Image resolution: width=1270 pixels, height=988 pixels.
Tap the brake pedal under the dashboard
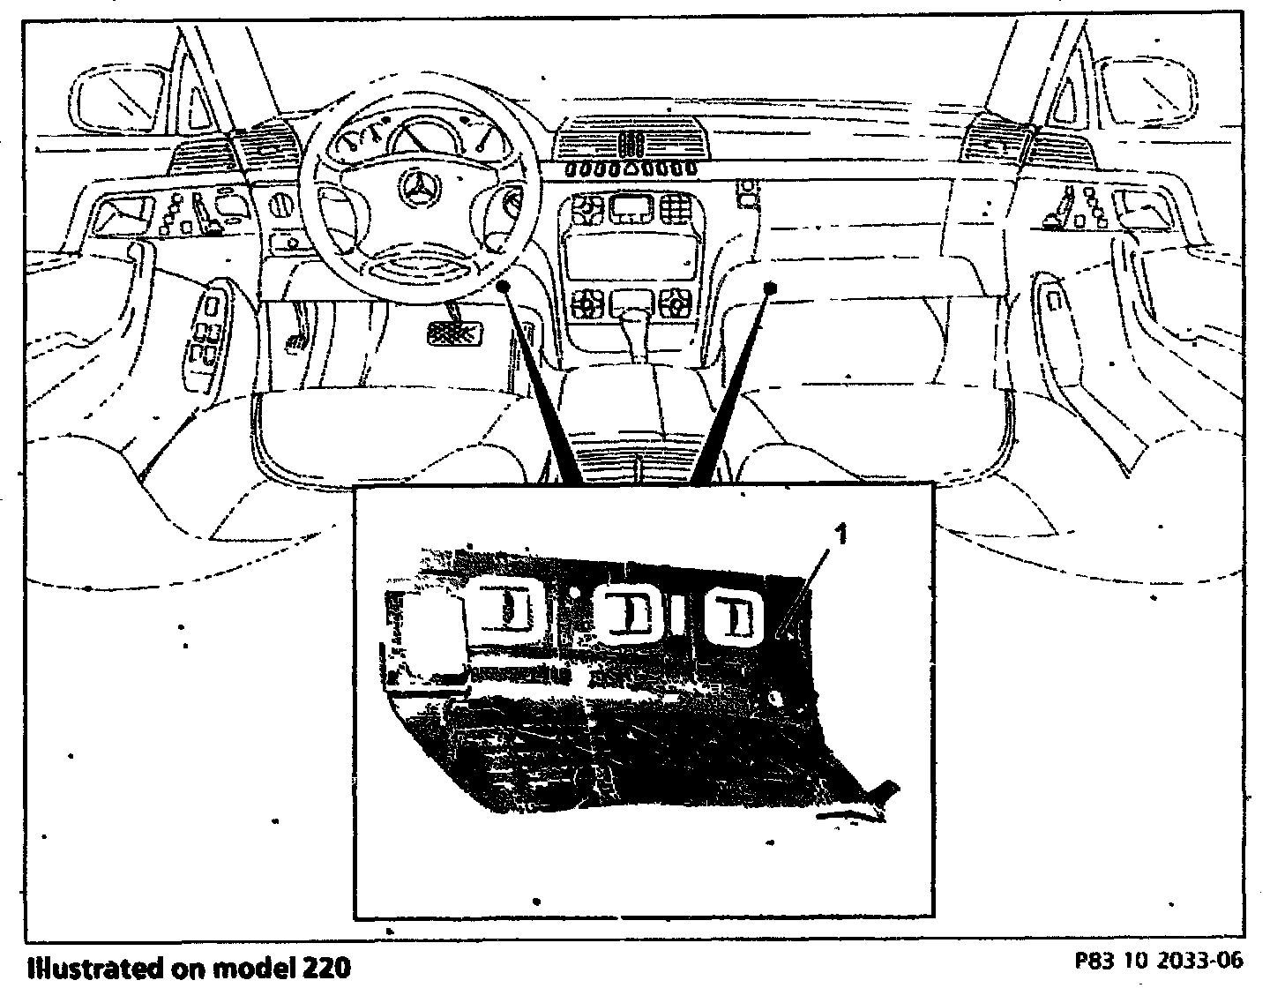click(454, 333)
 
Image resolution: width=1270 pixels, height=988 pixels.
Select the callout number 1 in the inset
click(841, 534)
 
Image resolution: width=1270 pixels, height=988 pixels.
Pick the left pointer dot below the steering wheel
click(504, 286)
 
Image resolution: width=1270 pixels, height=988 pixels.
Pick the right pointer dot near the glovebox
click(770, 287)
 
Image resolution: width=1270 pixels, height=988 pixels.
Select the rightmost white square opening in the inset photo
click(737, 614)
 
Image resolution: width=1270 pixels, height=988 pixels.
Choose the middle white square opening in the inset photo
click(628, 611)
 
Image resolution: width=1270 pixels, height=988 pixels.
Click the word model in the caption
click(249, 968)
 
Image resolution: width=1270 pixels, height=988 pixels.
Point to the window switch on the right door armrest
click(1055, 300)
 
